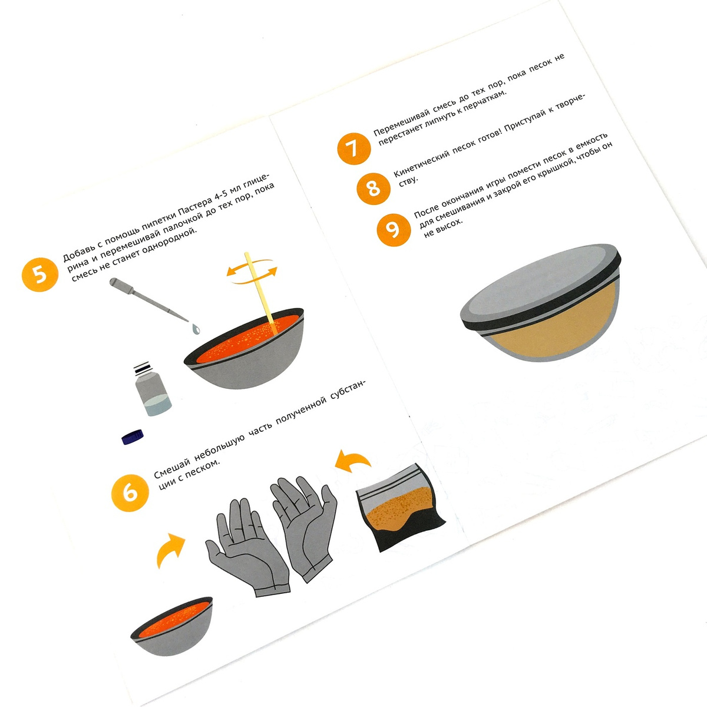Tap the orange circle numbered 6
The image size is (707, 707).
coord(130,493)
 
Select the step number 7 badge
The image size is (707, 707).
coord(353,148)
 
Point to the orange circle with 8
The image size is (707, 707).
coord(374,189)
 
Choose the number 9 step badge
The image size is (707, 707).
coord(394,230)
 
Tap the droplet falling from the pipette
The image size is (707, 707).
coord(196,329)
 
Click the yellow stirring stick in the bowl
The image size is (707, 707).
coord(260,293)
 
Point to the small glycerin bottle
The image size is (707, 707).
coord(151,389)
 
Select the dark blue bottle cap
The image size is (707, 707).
coord(133,436)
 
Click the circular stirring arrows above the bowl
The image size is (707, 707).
coord(252,272)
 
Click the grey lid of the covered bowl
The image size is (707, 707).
coord(540,285)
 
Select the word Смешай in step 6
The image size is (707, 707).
coord(171,467)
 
